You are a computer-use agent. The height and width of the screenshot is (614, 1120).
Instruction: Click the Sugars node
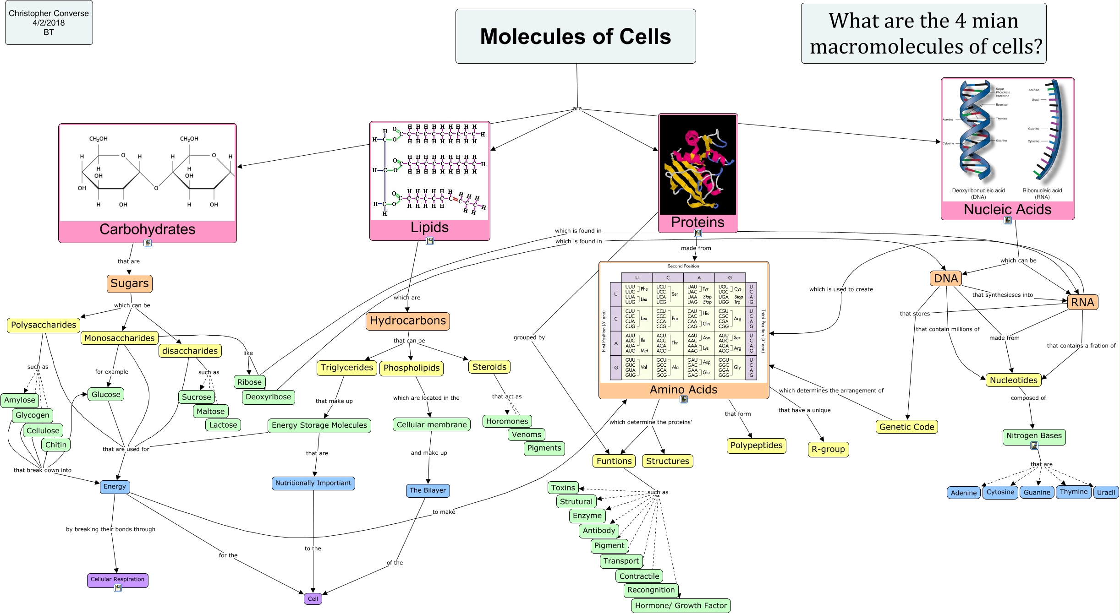coord(129,283)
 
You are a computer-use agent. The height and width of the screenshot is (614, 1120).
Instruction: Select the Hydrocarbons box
coord(407,321)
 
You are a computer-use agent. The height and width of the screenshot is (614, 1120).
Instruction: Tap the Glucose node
coord(106,394)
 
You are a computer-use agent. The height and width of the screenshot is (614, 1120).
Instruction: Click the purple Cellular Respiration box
coord(117,579)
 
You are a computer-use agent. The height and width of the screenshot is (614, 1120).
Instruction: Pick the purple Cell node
coord(313,598)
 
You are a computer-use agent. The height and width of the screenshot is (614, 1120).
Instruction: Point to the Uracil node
coord(1106,493)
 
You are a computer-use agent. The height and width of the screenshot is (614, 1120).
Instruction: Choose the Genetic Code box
coord(906,427)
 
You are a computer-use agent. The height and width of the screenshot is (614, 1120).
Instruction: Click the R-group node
coord(828,449)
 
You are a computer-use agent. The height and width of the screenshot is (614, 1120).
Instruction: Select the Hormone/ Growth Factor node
coord(681,605)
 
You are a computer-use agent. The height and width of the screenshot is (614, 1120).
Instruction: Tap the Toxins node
coord(563,488)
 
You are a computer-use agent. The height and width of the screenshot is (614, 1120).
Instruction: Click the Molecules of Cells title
coord(575,36)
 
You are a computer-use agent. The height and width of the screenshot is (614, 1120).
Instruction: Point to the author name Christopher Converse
coord(49,13)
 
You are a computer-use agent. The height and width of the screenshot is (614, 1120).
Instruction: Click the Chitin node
coord(56,445)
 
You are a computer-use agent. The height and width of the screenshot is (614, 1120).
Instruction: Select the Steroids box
coord(489,367)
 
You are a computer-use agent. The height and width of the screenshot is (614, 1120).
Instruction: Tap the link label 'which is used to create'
coord(841,289)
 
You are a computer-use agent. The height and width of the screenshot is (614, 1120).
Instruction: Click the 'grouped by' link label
coord(529,337)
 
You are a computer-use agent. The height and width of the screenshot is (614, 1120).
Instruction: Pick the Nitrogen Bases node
coord(1034,435)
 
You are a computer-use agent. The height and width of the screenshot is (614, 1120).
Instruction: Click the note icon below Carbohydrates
coord(148,243)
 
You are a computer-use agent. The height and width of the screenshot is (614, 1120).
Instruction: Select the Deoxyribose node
coord(268,397)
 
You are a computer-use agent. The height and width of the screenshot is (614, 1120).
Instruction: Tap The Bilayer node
coord(428,490)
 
